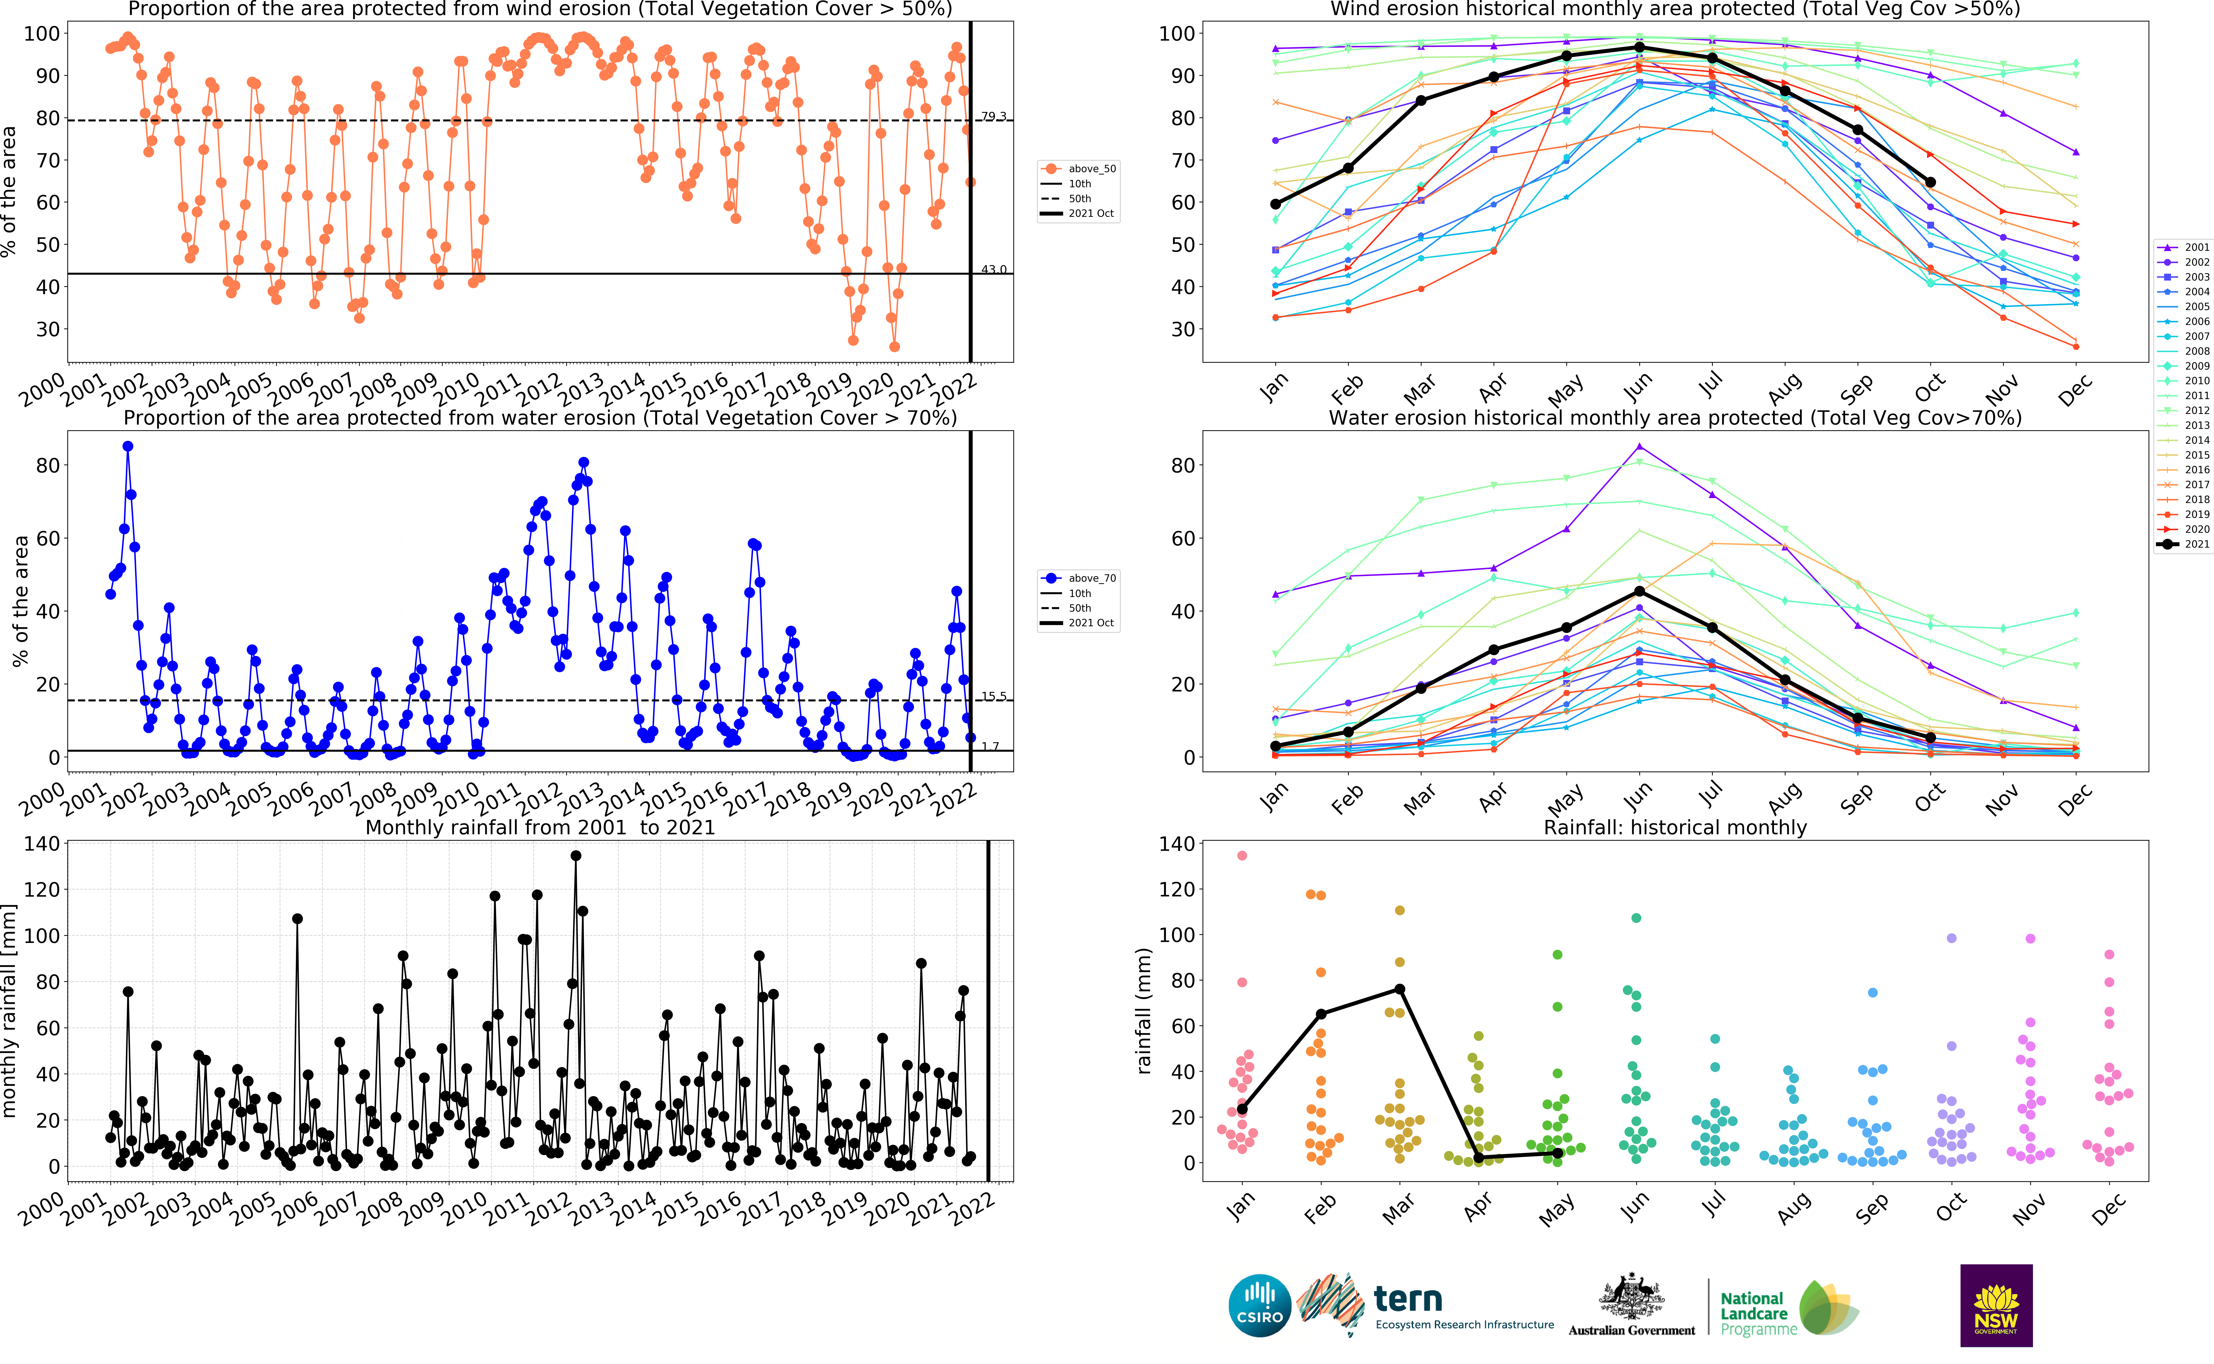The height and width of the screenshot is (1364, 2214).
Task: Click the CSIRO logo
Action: click(1259, 1305)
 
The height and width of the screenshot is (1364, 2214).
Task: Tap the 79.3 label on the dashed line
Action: click(993, 116)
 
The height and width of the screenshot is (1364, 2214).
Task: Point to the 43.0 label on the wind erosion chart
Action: click(993, 270)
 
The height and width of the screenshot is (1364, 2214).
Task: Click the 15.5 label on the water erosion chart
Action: click(993, 696)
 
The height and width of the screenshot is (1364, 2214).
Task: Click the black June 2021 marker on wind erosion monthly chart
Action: click(1639, 47)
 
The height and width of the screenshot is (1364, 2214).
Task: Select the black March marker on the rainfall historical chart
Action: click(1399, 989)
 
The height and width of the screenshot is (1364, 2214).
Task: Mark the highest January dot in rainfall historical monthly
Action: click(1242, 855)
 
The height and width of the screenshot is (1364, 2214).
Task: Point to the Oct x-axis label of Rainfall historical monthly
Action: click(1952, 1207)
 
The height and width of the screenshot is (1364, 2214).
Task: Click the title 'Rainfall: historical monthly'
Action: click(1674, 827)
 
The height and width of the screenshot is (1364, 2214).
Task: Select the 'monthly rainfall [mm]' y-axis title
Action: click(10, 1010)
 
